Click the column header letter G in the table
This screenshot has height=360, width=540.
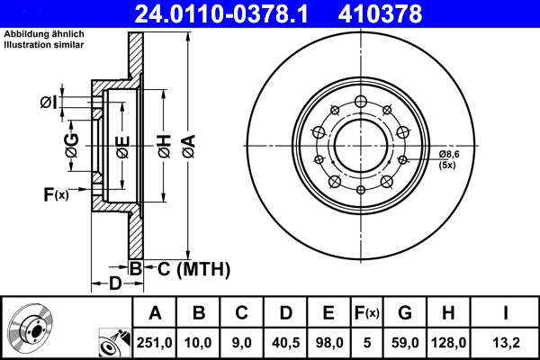[x=404, y=312]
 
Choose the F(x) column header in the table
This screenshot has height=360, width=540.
[x=366, y=312]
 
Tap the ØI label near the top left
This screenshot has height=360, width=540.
[x=50, y=102]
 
